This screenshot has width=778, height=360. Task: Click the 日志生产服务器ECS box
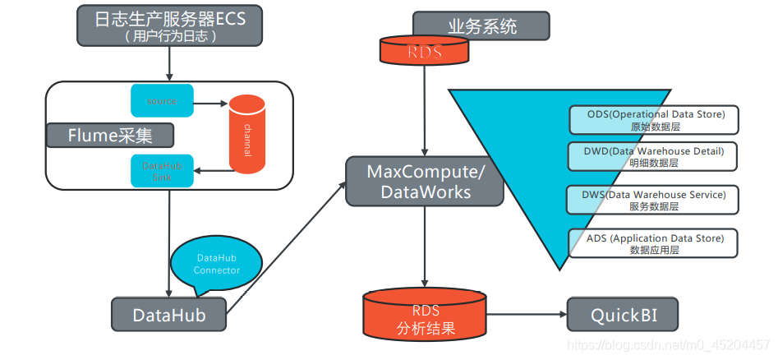click(170, 25)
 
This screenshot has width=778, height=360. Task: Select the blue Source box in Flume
click(162, 101)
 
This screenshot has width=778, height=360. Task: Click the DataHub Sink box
click(162, 171)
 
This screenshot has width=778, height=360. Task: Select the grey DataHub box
click(169, 313)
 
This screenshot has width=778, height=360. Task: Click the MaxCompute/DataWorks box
click(424, 182)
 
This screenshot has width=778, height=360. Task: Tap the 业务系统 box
click(481, 26)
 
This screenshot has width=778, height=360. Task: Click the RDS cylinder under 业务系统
click(425, 52)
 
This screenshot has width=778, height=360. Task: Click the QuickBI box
click(623, 314)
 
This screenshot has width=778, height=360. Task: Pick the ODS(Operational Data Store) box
click(655, 120)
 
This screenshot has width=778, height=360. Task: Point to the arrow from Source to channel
click(210, 104)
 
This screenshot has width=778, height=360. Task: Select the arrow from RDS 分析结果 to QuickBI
click(526, 315)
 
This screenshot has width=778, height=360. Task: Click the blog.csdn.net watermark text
click(669, 345)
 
